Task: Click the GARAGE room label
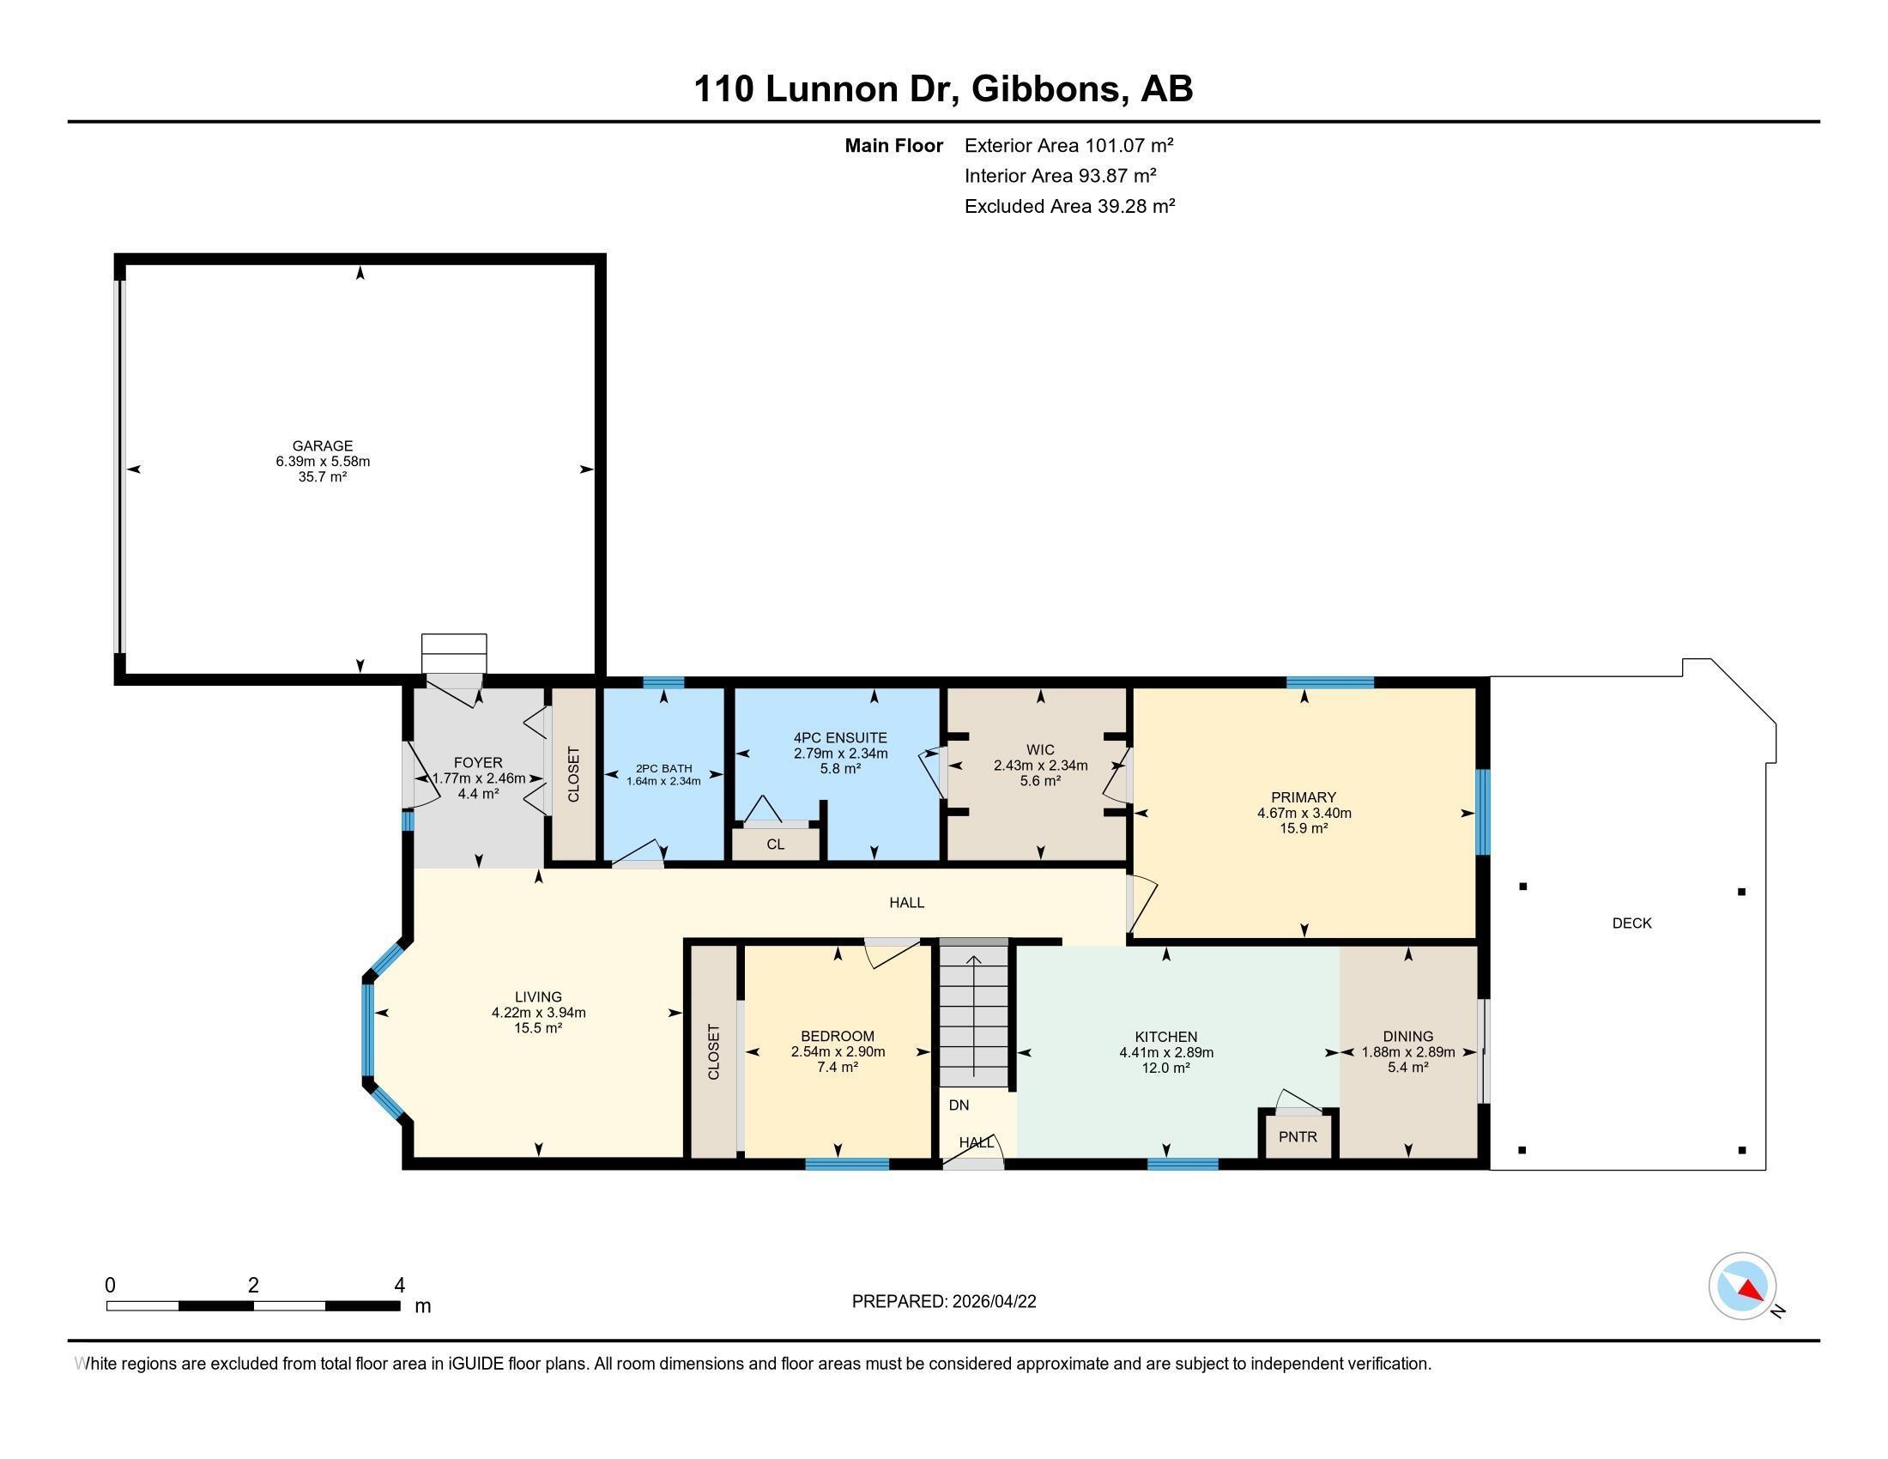[323, 446]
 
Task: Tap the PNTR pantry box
[1298, 1136]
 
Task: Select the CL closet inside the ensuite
[776, 845]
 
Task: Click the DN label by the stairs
[959, 1105]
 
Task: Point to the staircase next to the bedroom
[974, 1016]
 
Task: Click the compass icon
[1742, 1286]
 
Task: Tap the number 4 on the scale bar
[399, 1286]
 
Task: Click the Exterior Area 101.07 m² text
[1068, 145]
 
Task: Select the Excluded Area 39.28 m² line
[1069, 206]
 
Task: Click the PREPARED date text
[944, 1302]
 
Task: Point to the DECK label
[1631, 923]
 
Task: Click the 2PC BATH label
[664, 768]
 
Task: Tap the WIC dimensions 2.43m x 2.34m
[1040, 765]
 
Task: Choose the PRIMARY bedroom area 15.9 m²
[1304, 828]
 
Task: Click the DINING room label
[1407, 1037]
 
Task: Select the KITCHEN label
[1166, 1038]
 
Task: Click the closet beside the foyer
[574, 774]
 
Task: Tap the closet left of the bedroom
[714, 1052]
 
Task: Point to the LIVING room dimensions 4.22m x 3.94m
[539, 1012]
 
